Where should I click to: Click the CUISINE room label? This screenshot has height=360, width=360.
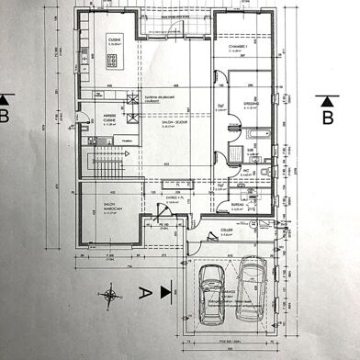pyautogui.click(x=115, y=39)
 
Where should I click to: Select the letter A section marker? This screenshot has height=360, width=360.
pyautogui.click(x=142, y=293)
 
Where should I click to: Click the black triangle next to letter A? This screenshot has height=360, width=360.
pyautogui.click(x=165, y=292)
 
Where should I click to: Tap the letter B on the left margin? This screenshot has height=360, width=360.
pyautogui.click(x=7, y=117)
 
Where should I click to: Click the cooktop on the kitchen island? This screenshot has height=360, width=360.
pyautogui.click(x=115, y=62)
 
